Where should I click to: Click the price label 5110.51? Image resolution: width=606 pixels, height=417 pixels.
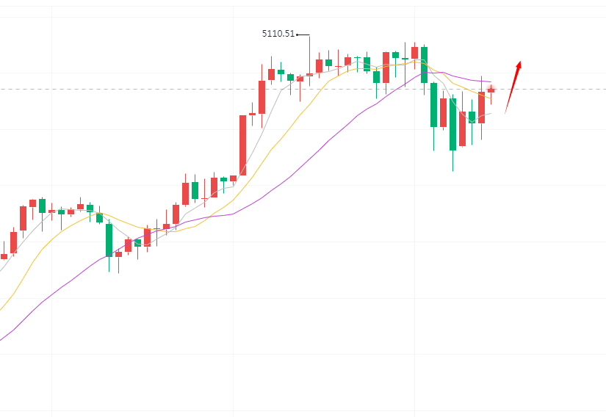[x=278, y=34]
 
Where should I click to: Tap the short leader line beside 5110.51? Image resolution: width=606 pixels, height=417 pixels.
[x=303, y=34]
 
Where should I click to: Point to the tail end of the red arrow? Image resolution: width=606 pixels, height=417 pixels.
[x=505, y=113]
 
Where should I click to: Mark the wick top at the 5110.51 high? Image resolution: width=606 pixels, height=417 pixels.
[x=309, y=35]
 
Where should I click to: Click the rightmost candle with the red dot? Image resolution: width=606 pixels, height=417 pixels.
[x=491, y=90]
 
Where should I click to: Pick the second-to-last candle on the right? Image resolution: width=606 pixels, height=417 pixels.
[x=481, y=107]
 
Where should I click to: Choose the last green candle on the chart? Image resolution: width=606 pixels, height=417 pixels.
[x=472, y=117]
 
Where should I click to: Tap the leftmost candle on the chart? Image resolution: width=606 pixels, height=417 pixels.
[x=4, y=256]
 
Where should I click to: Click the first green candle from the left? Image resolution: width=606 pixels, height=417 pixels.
[x=42, y=206]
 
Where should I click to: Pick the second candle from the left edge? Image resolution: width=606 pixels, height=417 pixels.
[x=13, y=242]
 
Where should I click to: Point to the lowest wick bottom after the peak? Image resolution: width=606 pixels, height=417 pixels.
[x=452, y=171]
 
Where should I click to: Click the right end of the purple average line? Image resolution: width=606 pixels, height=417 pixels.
[x=490, y=81]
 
